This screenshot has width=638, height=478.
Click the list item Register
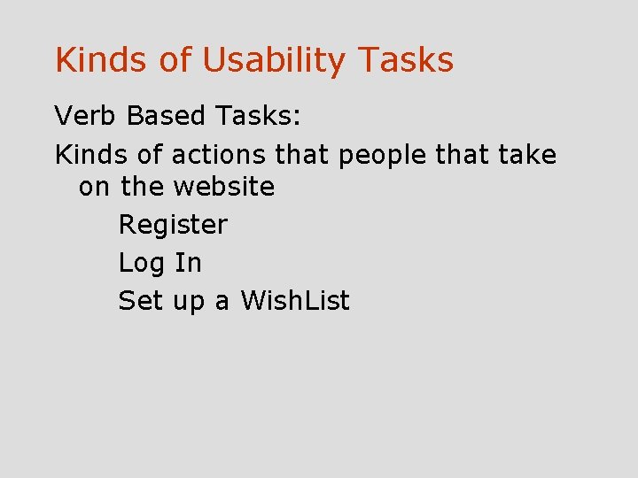(x=173, y=226)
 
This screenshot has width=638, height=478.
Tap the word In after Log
(x=188, y=263)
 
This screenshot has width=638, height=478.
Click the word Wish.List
(x=295, y=301)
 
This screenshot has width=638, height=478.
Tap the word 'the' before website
(x=143, y=187)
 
